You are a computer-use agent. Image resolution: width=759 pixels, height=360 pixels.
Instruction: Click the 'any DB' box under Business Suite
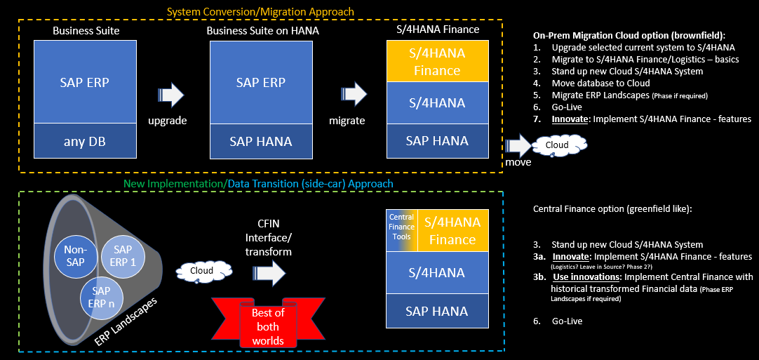click(x=84, y=141)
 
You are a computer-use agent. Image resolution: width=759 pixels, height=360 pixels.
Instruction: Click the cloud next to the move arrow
click(x=558, y=145)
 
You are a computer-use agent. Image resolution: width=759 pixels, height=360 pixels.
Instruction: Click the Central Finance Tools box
click(x=401, y=231)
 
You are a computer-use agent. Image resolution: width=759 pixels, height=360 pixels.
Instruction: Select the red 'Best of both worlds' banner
click(x=267, y=326)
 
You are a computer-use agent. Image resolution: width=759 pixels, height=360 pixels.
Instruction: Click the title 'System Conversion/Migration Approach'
click(x=260, y=11)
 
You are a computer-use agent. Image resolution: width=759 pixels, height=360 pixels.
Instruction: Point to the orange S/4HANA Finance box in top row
click(x=436, y=61)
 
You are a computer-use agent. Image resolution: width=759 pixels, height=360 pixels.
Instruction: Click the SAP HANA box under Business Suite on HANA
click(x=261, y=141)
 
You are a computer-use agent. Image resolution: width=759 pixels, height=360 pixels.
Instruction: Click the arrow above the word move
click(x=519, y=146)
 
